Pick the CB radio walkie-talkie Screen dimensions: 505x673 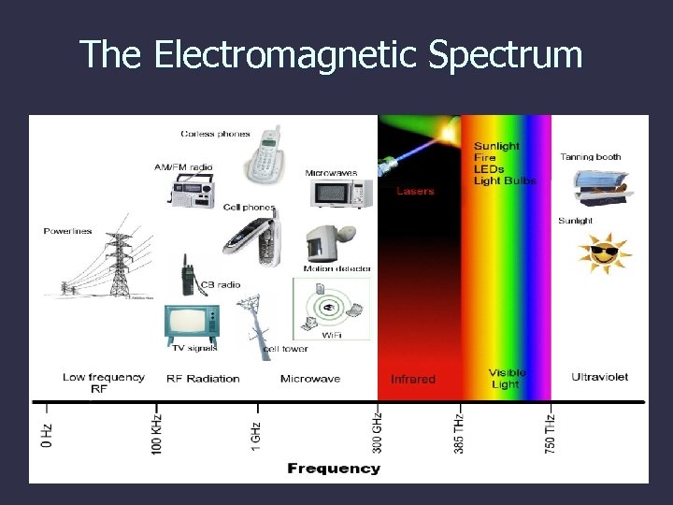187,276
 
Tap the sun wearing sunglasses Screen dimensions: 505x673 602,252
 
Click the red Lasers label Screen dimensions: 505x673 415,191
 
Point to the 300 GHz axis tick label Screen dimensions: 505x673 377,432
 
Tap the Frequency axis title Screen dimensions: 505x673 334,468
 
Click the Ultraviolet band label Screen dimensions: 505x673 599,377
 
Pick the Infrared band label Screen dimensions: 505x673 412,379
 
